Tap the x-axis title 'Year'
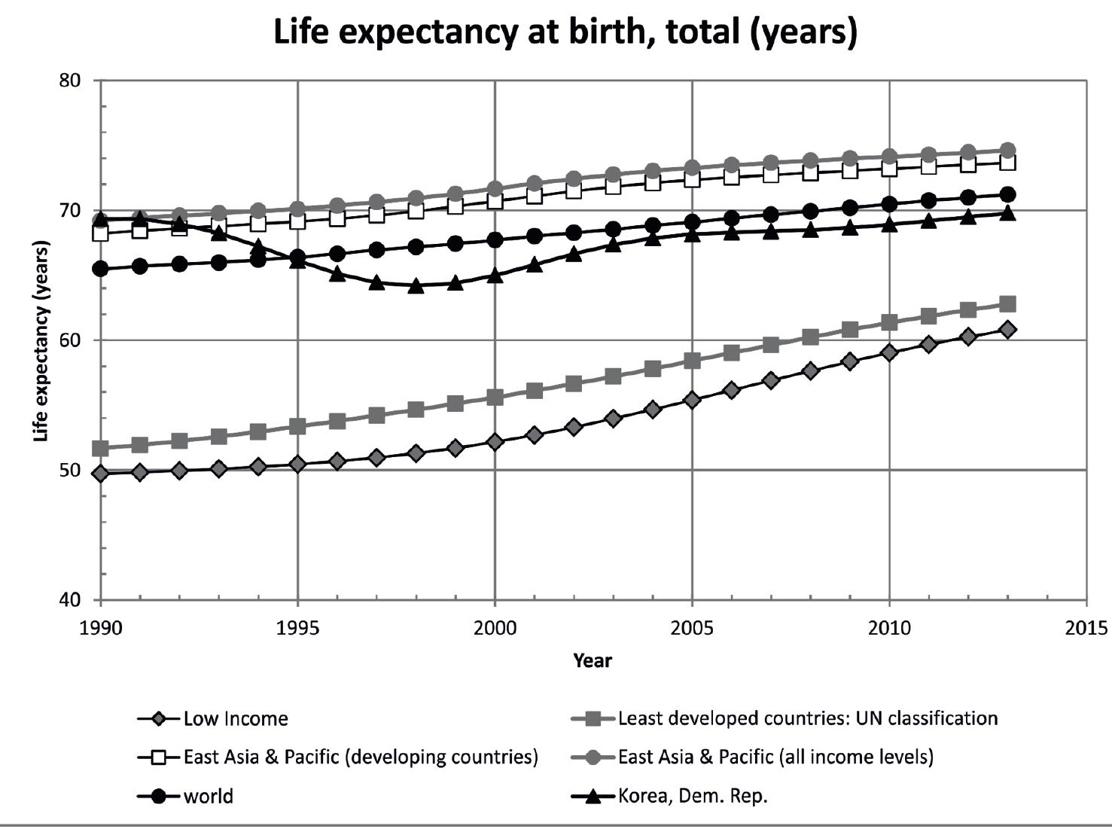click(593, 660)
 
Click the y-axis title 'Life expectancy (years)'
click(41, 340)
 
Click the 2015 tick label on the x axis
click(1086, 627)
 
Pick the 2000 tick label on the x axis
click(495, 627)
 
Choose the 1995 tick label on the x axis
click(297, 627)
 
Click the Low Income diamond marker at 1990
click(100, 474)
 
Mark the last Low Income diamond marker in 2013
click(1007, 329)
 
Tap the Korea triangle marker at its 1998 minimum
click(416, 285)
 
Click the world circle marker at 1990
click(100, 269)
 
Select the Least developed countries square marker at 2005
click(692, 361)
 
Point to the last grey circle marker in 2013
click(1007, 151)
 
